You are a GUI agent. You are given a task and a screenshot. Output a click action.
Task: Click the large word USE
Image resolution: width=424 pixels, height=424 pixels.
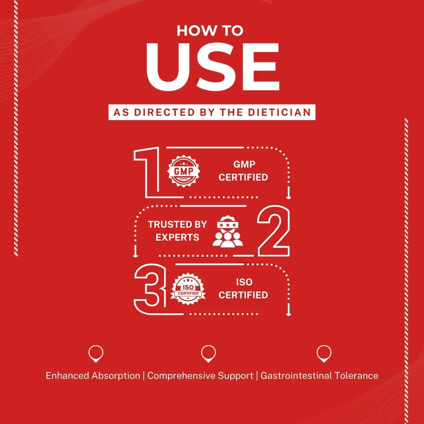pyautogui.click(x=213, y=67)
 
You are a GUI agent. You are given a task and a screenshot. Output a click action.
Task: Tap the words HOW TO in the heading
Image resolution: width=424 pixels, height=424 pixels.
pyautogui.click(x=210, y=31)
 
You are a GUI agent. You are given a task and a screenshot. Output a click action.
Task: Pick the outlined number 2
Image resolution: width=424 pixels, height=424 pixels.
pyautogui.click(x=274, y=231)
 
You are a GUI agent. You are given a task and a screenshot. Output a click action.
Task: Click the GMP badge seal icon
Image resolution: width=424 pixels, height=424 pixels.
pyautogui.click(x=184, y=171)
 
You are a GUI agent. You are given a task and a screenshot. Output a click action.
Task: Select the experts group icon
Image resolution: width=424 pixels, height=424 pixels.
pyautogui.click(x=228, y=232)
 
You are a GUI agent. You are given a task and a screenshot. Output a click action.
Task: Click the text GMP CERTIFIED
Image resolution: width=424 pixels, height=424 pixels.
pyautogui.click(x=243, y=171)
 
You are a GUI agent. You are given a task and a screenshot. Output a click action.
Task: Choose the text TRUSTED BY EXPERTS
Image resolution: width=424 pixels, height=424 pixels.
pyautogui.click(x=177, y=231)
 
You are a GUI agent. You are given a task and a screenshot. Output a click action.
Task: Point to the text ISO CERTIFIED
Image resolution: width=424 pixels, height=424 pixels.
pyautogui.click(x=243, y=289)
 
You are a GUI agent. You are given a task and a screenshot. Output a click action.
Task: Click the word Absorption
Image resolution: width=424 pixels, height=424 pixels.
pyautogui.click(x=116, y=376)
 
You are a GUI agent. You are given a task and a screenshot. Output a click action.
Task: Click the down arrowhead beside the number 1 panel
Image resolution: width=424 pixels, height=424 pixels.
pyautogui.click(x=289, y=197)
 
